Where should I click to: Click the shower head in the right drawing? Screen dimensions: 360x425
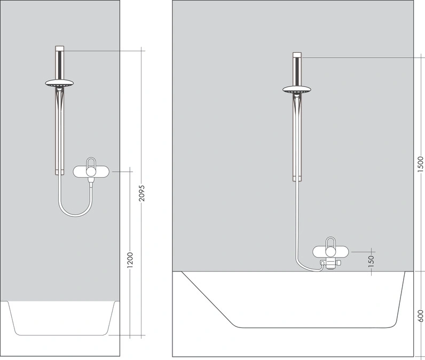tap(297, 89)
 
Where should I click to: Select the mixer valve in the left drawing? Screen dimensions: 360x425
tap(92, 171)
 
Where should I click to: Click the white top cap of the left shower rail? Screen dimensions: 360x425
tap(60, 49)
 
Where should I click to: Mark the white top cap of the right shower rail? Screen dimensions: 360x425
tap(297, 54)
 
